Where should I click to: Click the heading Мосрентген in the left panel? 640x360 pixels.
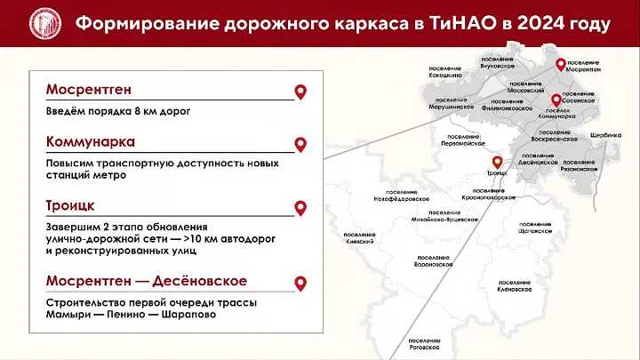coord(92,92)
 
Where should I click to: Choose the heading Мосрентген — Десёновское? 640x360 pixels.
coord(147,282)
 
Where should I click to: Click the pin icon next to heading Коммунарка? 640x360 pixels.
coord(300,144)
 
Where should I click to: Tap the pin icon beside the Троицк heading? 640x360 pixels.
coord(300,208)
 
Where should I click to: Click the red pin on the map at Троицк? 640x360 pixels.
coord(497,163)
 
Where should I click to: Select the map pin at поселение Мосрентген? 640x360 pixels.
coord(561,62)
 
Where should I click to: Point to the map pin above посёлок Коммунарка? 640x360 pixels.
coord(556,100)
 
